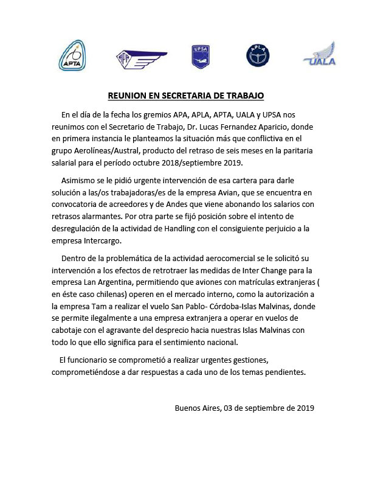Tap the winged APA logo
(140, 57)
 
